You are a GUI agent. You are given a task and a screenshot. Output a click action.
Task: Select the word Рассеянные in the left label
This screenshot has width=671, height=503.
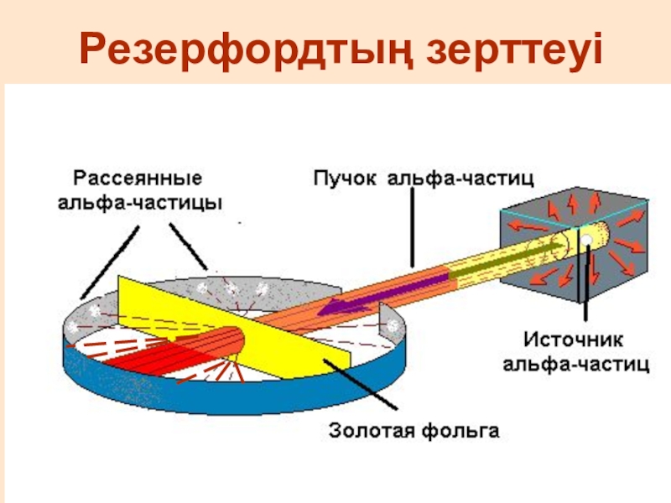point(138,179)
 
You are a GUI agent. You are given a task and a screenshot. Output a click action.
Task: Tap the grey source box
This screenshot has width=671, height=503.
point(621,251)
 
